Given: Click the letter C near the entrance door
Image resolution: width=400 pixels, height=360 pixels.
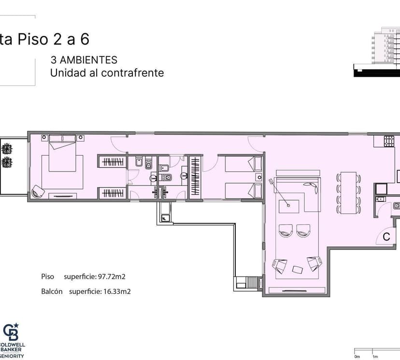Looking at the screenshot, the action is coord(386,237).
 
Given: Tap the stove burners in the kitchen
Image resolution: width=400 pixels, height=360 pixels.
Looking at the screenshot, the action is coord(389,142).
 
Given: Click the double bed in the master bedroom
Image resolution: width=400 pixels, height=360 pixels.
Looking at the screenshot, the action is coord(62,153).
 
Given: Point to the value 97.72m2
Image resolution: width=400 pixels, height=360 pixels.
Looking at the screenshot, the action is coord(112,276).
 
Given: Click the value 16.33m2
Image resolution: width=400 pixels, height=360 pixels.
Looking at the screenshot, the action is coord(117,291).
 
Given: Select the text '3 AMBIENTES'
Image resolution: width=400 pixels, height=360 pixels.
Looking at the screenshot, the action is coord(84,60).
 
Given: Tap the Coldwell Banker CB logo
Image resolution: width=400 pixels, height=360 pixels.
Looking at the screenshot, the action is coord(11,331).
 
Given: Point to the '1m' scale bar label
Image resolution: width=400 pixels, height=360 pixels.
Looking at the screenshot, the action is coord(375,357).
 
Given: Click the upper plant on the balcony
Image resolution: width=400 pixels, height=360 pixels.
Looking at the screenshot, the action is coord(7,149).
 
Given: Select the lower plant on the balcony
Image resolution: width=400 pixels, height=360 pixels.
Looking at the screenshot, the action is coord(7,162).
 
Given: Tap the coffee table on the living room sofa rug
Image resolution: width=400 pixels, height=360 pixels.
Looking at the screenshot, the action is coord(289,206).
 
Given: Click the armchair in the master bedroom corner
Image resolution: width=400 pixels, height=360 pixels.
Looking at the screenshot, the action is coord(38,191).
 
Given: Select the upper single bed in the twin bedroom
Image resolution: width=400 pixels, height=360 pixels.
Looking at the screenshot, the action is coord(243,164).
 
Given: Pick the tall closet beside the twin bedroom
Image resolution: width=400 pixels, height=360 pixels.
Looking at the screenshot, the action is coord(195,176).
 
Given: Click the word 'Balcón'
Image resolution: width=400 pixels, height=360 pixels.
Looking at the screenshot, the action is coord(52,291).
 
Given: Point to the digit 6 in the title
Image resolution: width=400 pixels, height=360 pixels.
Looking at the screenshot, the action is coord(85,39).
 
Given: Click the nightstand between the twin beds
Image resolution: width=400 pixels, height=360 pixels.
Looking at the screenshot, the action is coord(259,177).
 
